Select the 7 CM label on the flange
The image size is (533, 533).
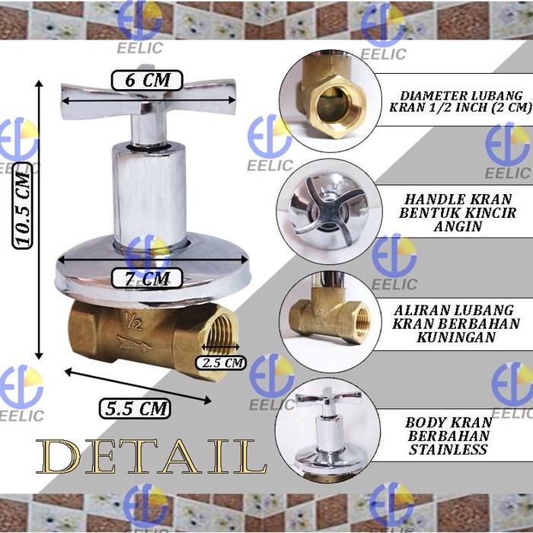click(x=147, y=278)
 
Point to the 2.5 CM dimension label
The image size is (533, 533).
click(x=222, y=363)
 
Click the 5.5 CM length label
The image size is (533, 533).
click(x=134, y=408)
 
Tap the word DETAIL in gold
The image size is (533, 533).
click(x=151, y=457)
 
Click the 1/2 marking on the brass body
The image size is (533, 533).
click(x=134, y=323)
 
